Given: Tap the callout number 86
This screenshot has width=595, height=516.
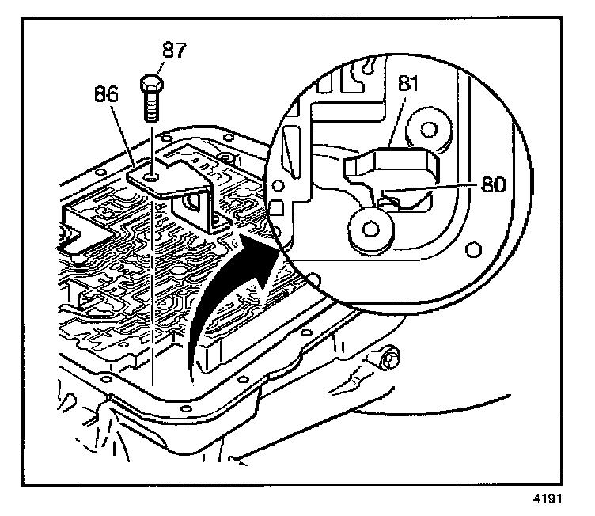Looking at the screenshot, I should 106,93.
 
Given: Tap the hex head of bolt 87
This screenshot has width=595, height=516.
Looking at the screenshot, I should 151,83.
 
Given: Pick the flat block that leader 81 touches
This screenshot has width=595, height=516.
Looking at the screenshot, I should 391,165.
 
